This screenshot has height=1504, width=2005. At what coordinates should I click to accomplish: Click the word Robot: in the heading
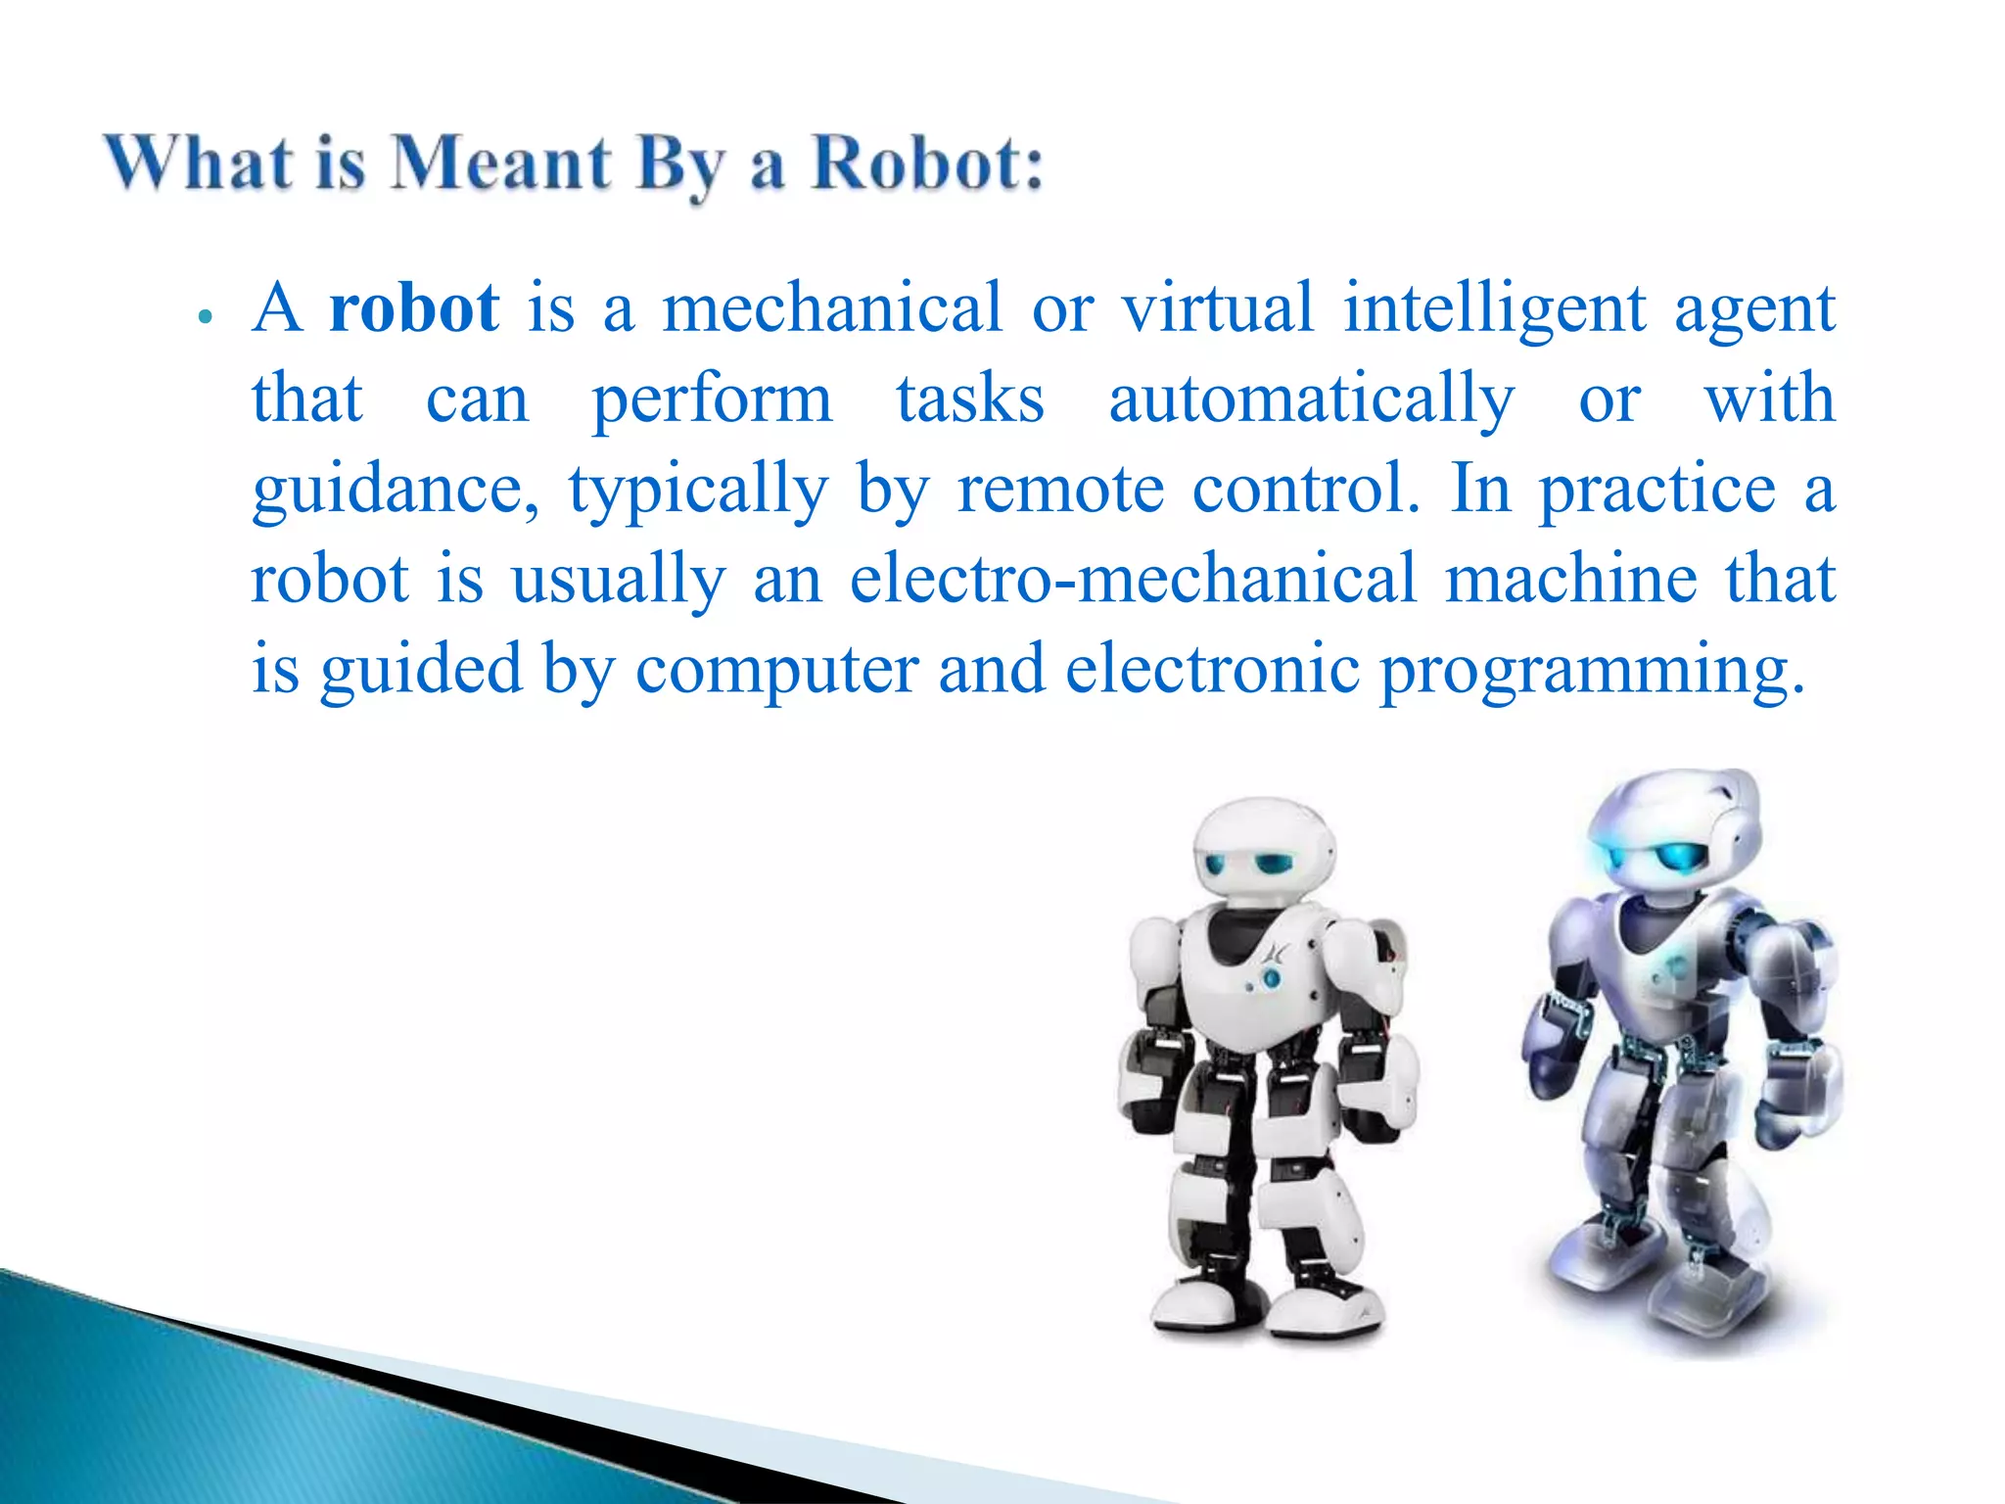click(928, 163)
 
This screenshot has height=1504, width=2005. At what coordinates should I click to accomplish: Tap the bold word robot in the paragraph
click(414, 309)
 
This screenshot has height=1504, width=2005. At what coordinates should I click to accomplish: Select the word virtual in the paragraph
click(1217, 309)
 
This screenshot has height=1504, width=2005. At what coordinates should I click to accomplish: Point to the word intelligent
click(1495, 309)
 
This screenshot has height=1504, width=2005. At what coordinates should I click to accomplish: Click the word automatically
click(1312, 399)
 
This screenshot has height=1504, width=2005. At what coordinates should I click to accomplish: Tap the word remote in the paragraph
click(1060, 490)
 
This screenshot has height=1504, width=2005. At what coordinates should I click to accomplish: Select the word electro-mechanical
click(1133, 580)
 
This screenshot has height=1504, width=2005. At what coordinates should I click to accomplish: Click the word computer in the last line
click(776, 670)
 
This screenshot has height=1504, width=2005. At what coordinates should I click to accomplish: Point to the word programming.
click(1591, 670)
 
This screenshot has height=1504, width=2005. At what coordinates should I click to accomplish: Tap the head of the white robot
click(1263, 848)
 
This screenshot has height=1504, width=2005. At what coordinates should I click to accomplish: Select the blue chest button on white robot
click(1272, 977)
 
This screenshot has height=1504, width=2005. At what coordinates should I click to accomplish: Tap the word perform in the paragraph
click(712, 399)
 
